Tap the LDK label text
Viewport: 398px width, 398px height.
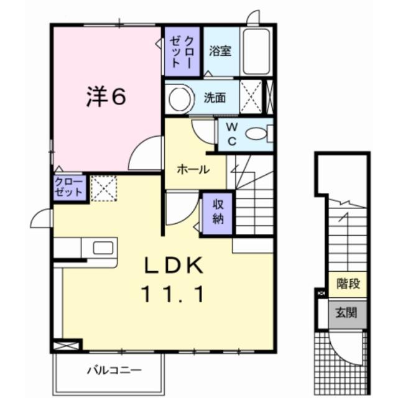pos(175,266)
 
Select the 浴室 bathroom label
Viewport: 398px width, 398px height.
pos(220,50)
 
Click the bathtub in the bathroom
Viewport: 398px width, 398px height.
pos(256,51)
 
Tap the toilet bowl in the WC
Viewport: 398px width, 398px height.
pos(256,132)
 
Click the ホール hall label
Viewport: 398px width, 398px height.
pos(193,169)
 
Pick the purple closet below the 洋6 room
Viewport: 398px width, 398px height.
pos(68,187)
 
